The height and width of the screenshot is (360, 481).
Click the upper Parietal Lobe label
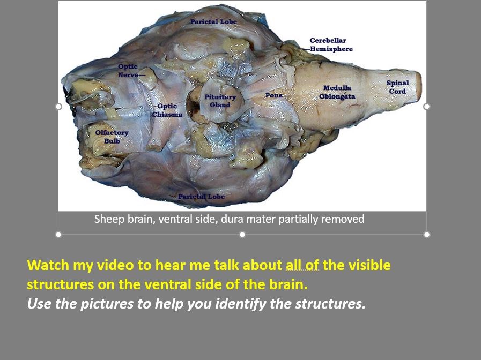(213, 22)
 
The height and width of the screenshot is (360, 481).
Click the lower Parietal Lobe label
(202, 197)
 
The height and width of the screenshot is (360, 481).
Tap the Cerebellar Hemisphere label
(331, 44)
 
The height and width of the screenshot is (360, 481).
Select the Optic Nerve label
(128, 71)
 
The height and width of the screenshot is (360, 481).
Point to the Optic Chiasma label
(167, 110)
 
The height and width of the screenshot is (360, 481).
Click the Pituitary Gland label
(220, 101)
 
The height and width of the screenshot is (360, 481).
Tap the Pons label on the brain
(273, 95)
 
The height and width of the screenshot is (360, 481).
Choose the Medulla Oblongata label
(337, 92)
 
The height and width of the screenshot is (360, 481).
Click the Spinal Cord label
(397, 87)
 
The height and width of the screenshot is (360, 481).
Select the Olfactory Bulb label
(112, 137)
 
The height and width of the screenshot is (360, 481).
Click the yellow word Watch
(48, 265)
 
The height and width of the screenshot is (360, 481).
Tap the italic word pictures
(107, 304)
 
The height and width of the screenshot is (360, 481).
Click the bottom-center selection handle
(242, 235)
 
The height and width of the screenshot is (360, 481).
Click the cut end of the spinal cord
(418, 87)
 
